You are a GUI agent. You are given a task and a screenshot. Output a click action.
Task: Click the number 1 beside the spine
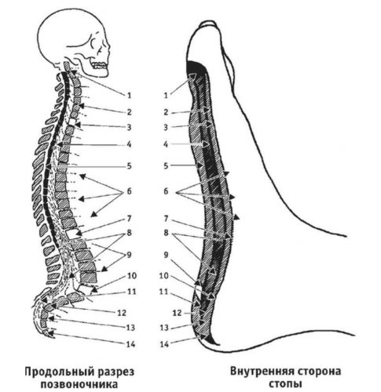pos(129,96)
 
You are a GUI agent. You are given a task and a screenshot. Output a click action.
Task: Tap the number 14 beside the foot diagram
pos(164,344)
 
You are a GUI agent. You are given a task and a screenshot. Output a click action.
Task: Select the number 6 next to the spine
pos(129,191)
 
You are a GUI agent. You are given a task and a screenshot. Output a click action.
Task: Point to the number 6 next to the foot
pos(166,191)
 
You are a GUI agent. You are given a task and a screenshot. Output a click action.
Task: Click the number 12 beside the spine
pos(122,313)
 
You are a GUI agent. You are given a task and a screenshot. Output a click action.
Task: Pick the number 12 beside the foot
pos(178,313)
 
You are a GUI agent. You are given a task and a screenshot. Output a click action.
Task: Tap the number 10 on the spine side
pos(132,276)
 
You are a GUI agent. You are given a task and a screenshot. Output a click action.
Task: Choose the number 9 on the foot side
pos(166,255)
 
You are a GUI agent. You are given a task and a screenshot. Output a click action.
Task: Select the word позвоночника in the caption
pos(79,384)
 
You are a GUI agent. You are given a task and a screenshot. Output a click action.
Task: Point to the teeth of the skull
pos(100,65)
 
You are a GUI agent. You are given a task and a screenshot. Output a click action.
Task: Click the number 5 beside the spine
pos(129,166)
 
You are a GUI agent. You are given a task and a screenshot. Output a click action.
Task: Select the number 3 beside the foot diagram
pos(166,128)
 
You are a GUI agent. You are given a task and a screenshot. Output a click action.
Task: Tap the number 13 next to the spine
pos(130,328)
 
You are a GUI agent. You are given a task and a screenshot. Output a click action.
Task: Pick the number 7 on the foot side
pos(166,219)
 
